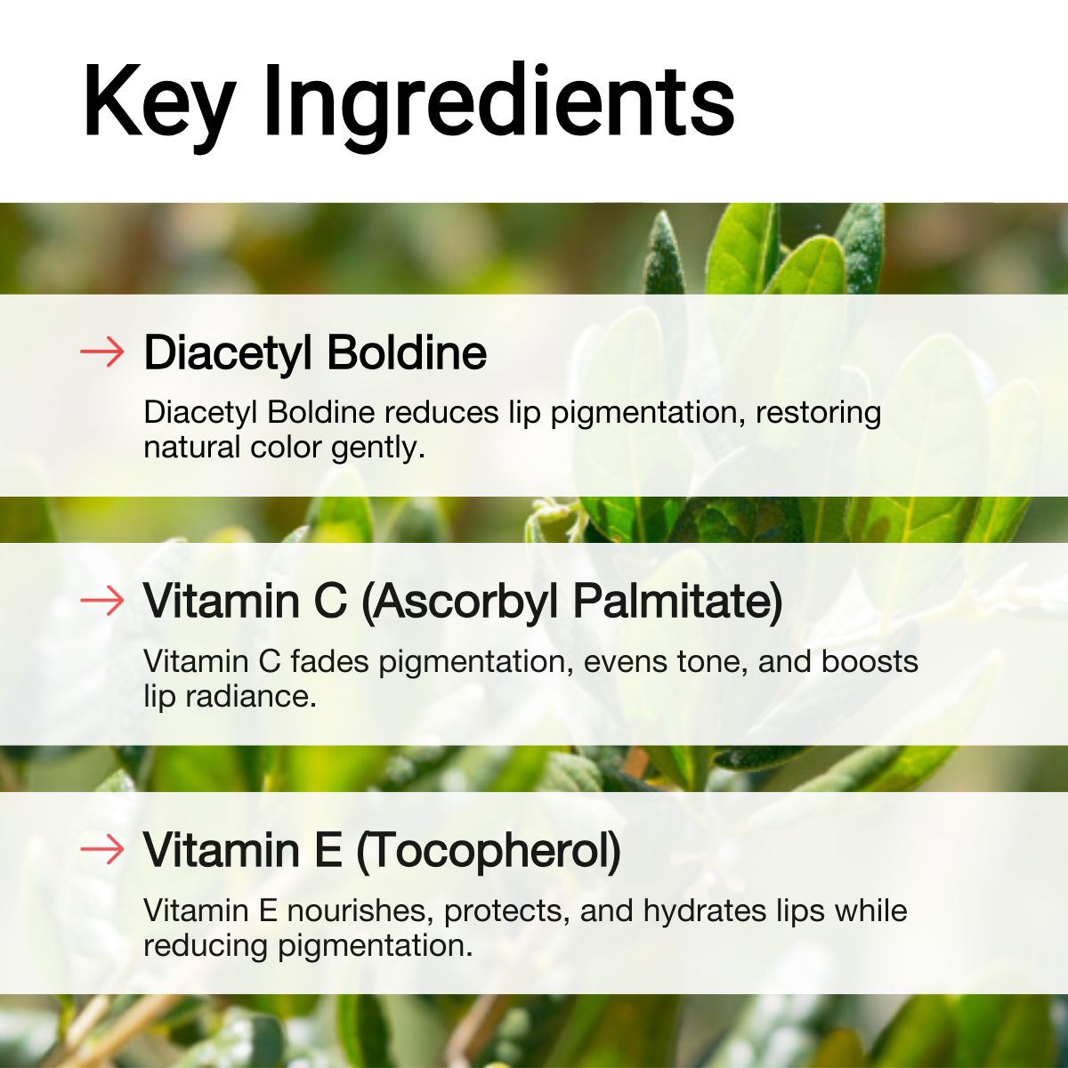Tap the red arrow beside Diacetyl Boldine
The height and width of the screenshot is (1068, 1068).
pyautogui.click(x=102, y=353)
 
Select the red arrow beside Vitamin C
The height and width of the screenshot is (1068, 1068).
pyautogui.click(x=102, y=602)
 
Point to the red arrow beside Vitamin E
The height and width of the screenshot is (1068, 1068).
pyautogui.click(x=102, y=850)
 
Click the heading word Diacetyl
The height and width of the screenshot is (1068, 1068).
pyautogui.click(x=227, y=353)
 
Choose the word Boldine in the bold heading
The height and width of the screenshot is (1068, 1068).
pyautogui.click(x=406, y=353)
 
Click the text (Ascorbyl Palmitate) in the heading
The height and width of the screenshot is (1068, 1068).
pyautogui.click(x=571, y=602)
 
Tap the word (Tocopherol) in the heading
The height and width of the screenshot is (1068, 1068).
pyautogui.click(x=488, y=850)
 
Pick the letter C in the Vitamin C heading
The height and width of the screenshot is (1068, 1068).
pyautogui.click(x=329, y=602)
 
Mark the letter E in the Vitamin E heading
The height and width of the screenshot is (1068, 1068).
pyautogui.click(x=327, y=850)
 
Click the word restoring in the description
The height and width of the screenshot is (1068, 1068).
pyautogui.click(x=819, y=413)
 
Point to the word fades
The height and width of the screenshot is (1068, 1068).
pyautogui.click(x=330, y=662)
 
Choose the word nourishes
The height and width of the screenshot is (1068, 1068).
pyautogui.click(x=360, y=911)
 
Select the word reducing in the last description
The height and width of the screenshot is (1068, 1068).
pyautogui.click(x=206, y=945)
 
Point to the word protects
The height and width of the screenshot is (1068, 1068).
pyautogui.click(x=508, y=911)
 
